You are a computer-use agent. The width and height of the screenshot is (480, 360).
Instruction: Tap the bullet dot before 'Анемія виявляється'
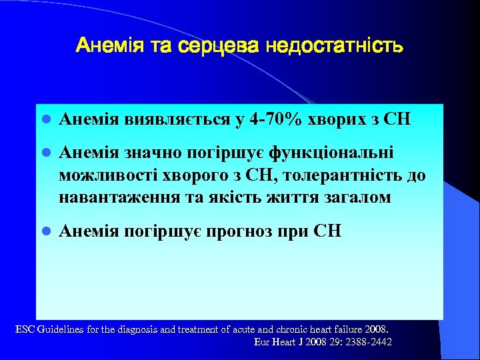coord(46,121)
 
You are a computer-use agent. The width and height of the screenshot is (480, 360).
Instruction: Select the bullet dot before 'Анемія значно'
coord(46,155)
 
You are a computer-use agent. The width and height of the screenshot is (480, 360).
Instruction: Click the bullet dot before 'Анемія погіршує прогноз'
coord(46,233)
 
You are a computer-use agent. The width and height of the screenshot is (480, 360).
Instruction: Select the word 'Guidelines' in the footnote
coord(63,329)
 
